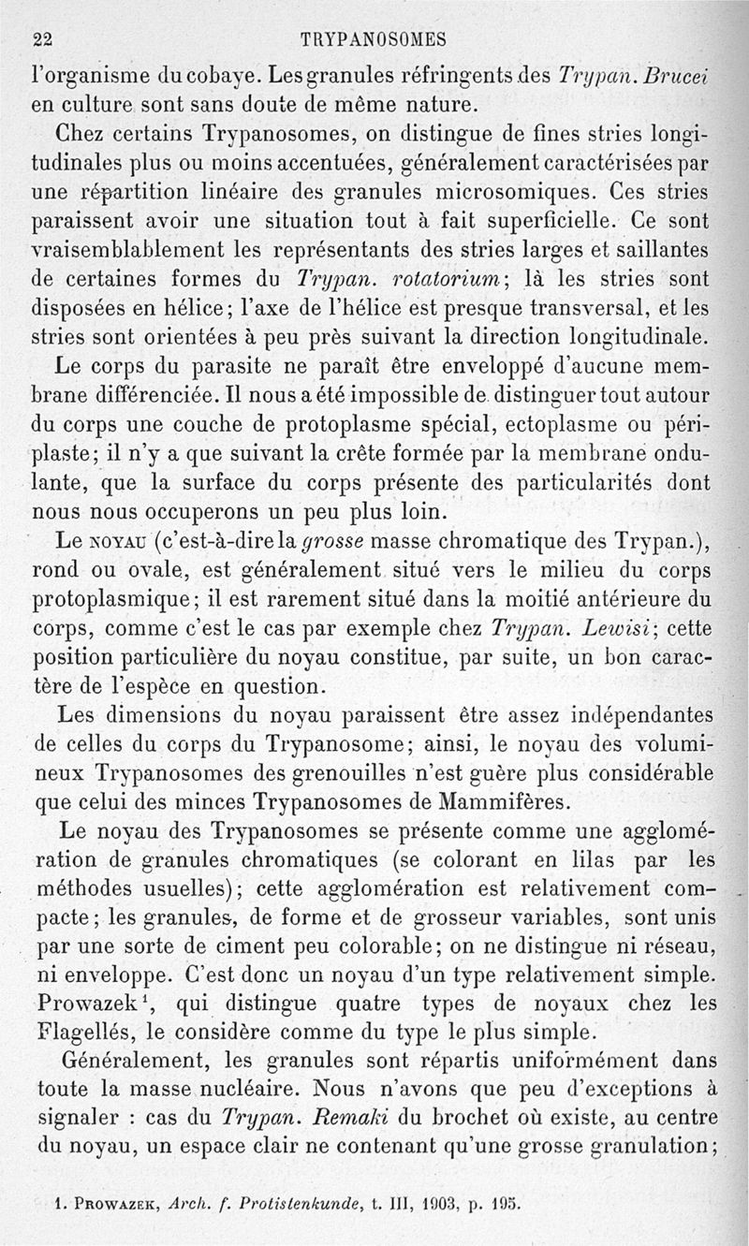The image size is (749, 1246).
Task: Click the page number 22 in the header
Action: coord(42,39)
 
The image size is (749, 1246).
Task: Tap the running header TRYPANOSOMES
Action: coord(374,39)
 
